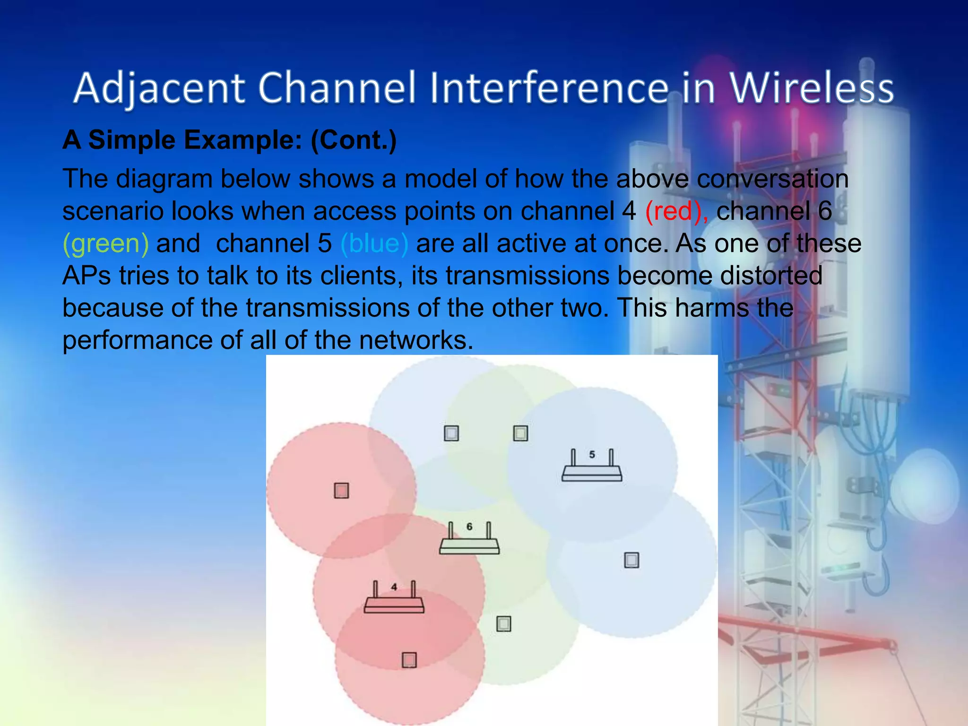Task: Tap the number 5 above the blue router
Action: [592, 455]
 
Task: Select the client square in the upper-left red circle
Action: [341, 491]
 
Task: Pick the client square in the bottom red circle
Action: [409, 660]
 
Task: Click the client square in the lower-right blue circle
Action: [631, 560]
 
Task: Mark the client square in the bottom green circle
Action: [504, 624]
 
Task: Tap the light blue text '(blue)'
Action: [374, 243]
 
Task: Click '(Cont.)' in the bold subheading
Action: [354, 140]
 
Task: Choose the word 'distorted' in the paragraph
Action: [771, 276]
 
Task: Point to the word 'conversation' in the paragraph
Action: [772, 179]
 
